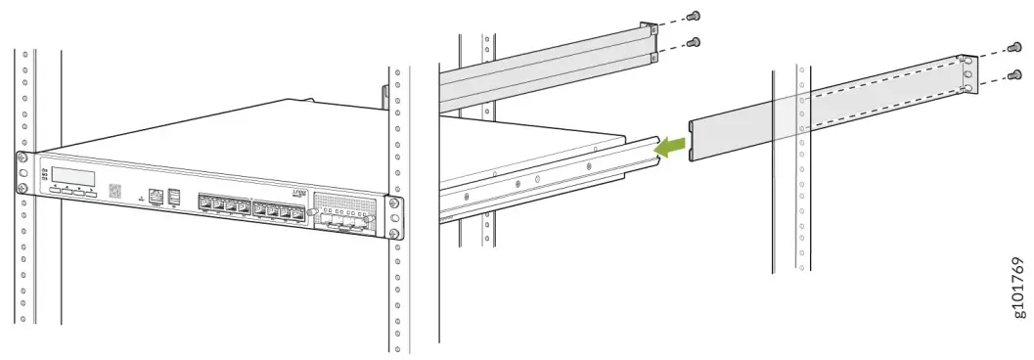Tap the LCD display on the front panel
[74, 177]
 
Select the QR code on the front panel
[113, 190]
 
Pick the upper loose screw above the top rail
[695, 16]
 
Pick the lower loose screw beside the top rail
[695, 42]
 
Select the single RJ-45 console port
[155, 197]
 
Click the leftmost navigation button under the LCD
[55, 190]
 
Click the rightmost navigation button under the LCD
[91, 195]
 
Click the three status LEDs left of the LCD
[44, 174]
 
